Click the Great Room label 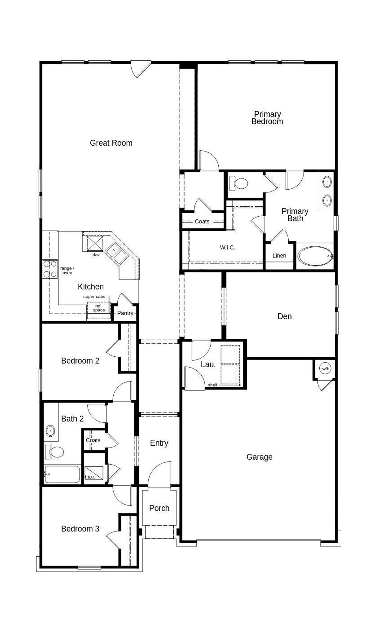[x=111, y=143]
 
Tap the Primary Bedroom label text [x=267, y=118]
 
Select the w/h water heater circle [x=325, y=369]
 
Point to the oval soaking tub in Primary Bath [x=315, y=256]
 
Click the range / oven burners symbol [x=50, y=269]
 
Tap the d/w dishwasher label [x=96, y=255]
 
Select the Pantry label [x=125, y=313]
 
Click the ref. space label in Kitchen [x=99, y=308]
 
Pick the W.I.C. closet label [x=227, y=248]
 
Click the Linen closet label [x=279, y=256]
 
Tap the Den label [x=285, y=316]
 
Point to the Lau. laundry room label [x=208, y=365]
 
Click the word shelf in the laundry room [x=213, y=385]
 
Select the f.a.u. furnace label [x=90, y=477]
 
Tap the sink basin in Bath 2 [x=50, y=431]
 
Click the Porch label [x=159, y=508]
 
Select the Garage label [x=259, y=457]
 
